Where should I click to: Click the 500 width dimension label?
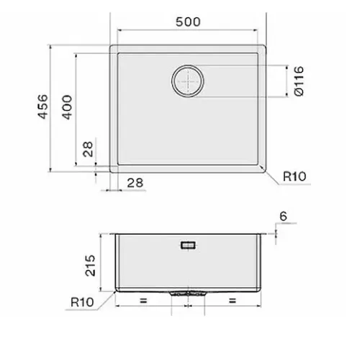188,22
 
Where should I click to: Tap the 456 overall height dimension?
43,107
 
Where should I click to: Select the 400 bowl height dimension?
67,107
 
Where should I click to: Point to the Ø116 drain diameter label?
299,81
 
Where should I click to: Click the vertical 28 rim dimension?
88,149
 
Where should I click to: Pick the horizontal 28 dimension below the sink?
135,183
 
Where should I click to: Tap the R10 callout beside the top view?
294,176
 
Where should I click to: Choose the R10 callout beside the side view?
82,302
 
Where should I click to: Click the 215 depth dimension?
91,266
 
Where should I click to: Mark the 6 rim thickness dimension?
283,216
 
